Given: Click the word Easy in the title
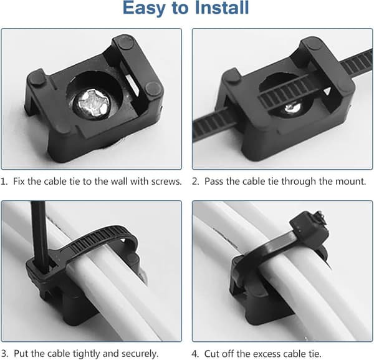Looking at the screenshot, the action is click(x=144, y=9).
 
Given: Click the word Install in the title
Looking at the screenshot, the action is click(x=222, y=7).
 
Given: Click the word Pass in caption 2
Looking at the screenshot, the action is click(x=214, y=182).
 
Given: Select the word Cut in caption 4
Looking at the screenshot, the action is click(x=211, y=353).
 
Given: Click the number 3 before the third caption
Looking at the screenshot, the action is click(x=6, y=354).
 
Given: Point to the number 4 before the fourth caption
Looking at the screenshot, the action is click(x=194, y=354).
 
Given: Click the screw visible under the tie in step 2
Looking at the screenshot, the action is click(x=293, y=108).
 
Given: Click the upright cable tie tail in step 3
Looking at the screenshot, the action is click(x=39, y=236).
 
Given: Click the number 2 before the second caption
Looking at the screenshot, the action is click(x=195, y=182).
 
